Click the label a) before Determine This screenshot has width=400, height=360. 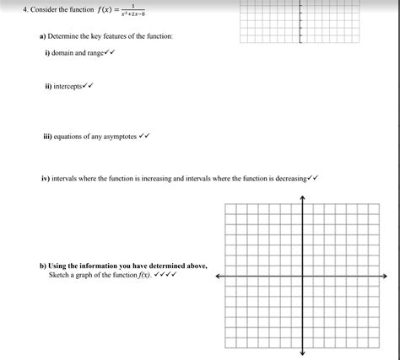point(42,36)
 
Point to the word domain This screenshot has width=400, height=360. point(68,52)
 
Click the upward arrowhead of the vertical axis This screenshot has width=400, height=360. point(302,200)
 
